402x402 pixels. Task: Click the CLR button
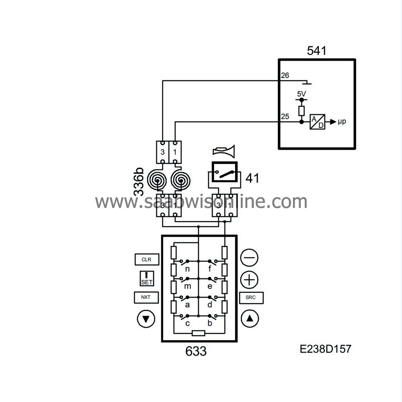(146, 259)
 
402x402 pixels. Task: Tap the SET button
(147, 278)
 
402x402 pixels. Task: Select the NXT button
(146, 298)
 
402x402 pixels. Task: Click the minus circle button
(250, 257)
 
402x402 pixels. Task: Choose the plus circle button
(250, 279)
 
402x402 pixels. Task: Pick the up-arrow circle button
(250, 319)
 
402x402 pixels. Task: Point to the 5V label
(301, 94)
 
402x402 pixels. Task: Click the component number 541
(316, 51)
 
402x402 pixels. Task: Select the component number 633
(196, 351)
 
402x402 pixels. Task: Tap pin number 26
(285, 76)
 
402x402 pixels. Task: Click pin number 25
(285, 116)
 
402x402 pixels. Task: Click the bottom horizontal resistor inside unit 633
(199, 333)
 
